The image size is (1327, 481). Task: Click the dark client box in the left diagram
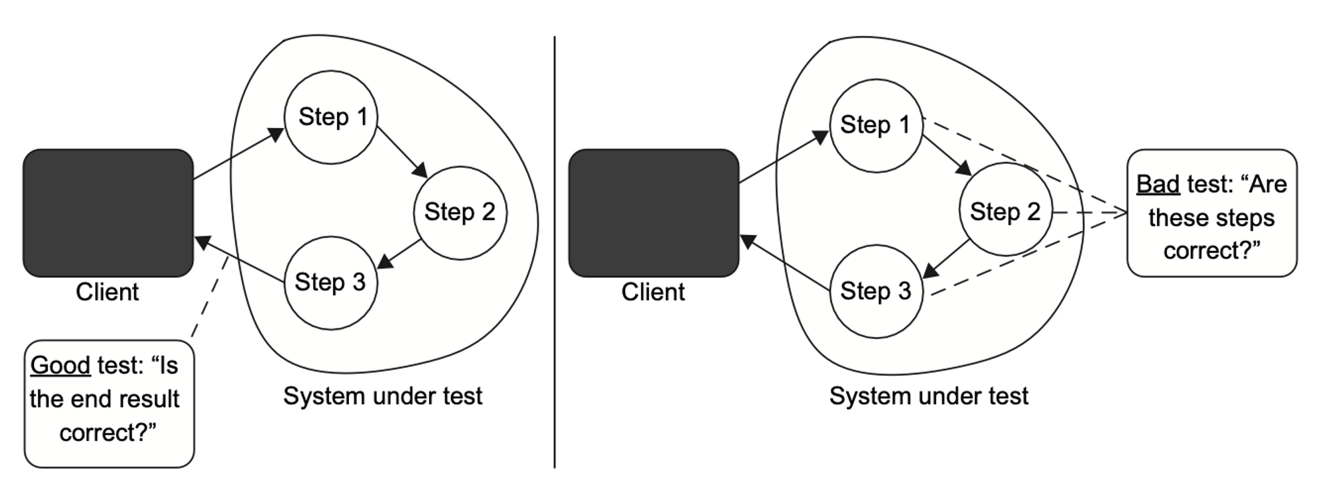[108, 213]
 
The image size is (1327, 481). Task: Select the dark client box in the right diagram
[654, 213]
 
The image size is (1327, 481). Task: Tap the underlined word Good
[60, 366]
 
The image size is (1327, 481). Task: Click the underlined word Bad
[1158, 184]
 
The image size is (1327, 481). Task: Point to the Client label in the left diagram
[107, 292]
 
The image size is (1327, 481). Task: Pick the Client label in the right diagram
[653, 292]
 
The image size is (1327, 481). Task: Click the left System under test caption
[383, 396]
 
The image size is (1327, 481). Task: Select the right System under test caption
[929, 396]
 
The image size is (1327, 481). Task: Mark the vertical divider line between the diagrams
[555, 252]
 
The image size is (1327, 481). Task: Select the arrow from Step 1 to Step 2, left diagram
[402, 152]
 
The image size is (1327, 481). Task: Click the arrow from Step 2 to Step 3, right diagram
[947, 259]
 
